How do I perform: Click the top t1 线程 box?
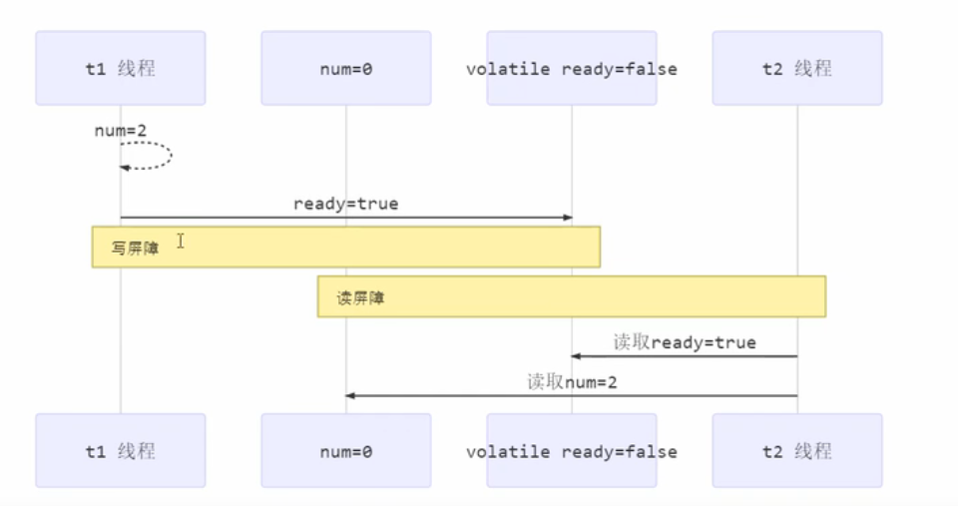pos(121,69)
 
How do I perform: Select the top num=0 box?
pos(346,69)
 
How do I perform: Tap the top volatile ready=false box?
pos(572,69)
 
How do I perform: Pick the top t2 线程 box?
pos(797,69)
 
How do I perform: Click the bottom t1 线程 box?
pos(121,451)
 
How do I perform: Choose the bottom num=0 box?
pos(346,451)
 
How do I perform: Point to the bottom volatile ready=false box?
pos(572,451)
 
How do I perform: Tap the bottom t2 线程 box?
pos(797,451)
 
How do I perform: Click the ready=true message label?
pos(345,204)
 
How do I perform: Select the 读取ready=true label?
pos(685,342)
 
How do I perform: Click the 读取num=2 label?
pos(572,381)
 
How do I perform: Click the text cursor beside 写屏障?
pos(181,241)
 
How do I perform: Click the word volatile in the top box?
pos(509,69)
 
